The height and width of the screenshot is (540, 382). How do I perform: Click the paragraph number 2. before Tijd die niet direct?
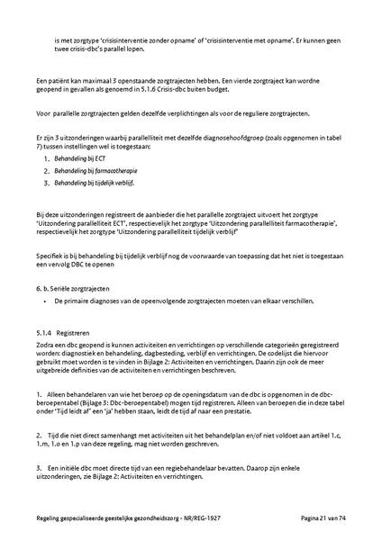[x=40, y=434]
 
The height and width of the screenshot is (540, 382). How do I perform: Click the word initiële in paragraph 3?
[x=71, y=469]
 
